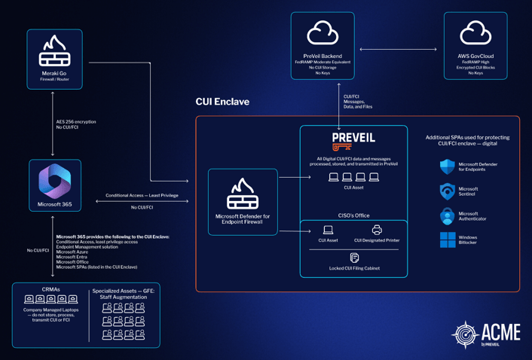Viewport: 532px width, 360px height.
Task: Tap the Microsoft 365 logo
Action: pyautogui.click(x=54, y=182)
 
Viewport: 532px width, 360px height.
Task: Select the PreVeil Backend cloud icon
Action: pyautogui.click(x=323, y=34)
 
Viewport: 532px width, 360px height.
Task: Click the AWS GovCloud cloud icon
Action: pyautogui.click(x=475, y=34)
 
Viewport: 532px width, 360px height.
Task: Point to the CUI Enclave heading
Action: pyautogui.click(x=222, y=102)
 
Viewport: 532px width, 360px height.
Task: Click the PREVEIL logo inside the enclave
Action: pyautogui.click(x=353, y=141)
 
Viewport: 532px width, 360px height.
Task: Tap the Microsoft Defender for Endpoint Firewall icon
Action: pyautogui.click(x=243, y=194)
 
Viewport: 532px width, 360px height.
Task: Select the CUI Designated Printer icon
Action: pyautogui.click(x=377, y=230)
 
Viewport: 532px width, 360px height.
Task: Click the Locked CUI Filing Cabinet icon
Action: pyautogui.click(x=354, y=258)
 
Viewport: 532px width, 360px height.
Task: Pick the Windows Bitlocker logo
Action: pyautogui.click(x=448, y=240)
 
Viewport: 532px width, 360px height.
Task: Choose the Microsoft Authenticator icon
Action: pyautogui.click(x=448, y=216)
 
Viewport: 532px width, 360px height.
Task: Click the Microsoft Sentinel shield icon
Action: pyautogui.click(x=448, y=191)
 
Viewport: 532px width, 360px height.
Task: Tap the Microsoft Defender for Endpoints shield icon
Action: pyautogui.click(x=448, y=166)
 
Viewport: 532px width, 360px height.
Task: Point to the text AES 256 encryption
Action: pyautogui.click(x=76, y=121)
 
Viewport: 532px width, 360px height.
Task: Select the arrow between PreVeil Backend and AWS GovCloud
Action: pyautogui.click(x=398, y=50)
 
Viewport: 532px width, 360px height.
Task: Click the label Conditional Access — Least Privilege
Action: pyautogui.click(x=142, y=194)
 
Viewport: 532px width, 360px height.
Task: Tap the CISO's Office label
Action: pyautogui.click(x=353, y=215)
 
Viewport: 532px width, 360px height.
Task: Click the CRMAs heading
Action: pyautogui.click(x=52, y=289)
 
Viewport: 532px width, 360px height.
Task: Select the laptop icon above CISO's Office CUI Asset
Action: pyautogui.click(x=328, y=230)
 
